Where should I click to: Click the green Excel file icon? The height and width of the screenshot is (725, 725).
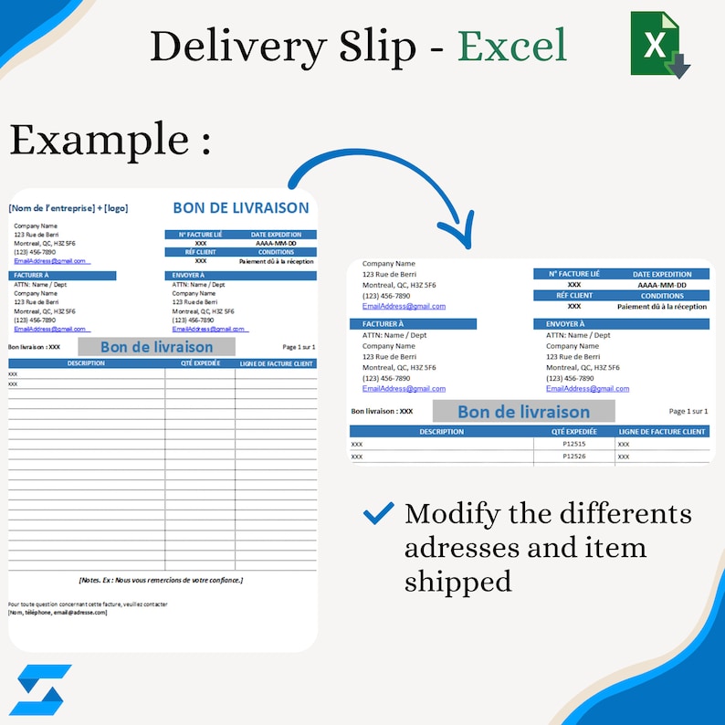(659, 44)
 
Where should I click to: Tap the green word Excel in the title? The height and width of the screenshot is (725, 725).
(511, 46)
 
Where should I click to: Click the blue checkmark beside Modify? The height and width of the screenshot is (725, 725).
(378, 513)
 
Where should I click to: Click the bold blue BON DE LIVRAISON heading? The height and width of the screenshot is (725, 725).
(243, 208)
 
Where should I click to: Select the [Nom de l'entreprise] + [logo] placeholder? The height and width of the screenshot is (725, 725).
(68, 208)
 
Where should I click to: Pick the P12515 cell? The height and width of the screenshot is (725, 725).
(574, 444)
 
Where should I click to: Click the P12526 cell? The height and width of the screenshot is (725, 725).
(574, 456)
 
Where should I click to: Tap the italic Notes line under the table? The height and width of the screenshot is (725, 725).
(163, 580)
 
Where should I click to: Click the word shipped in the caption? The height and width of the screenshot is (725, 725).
(457, 581)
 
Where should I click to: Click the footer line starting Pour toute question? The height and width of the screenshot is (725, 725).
(88, 604)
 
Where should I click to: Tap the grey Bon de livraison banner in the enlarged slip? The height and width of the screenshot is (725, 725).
(523, 412)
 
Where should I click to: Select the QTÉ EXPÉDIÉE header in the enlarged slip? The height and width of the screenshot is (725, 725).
(574, 431)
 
